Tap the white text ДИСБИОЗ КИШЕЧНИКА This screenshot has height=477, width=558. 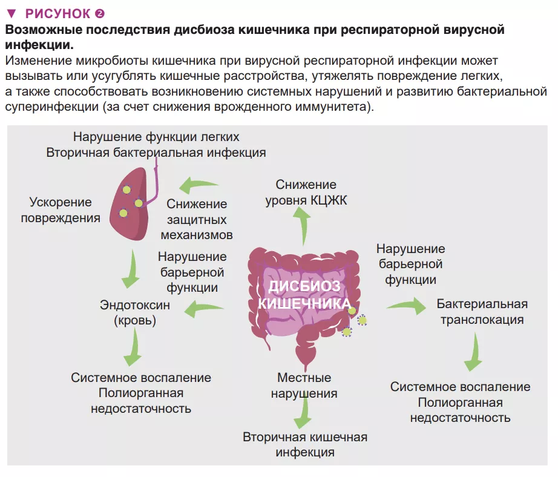tap(304, 295)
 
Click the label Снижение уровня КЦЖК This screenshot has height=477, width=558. tap(306, 192)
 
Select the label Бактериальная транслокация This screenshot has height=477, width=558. tap(482, 311)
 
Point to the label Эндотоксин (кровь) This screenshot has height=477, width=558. tap(134, 313)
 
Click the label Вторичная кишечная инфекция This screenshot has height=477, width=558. tap(305, 444)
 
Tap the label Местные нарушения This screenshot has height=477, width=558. tap(304, 386)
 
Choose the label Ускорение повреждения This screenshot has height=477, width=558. tap(61, 210)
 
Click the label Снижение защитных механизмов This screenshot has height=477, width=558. tap(197, 219)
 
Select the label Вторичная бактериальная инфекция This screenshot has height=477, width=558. tap(156, 153)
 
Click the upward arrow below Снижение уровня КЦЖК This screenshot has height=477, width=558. tap(303, 226)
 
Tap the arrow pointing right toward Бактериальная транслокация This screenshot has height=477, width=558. tap(406, 306)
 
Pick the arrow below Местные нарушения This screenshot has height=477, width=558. tap(302, 415)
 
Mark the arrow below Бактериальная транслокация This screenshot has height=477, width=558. tap(474, 352)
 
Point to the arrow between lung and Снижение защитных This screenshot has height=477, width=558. tap(200, 183)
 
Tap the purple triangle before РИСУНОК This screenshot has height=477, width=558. tap(10, 13)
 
